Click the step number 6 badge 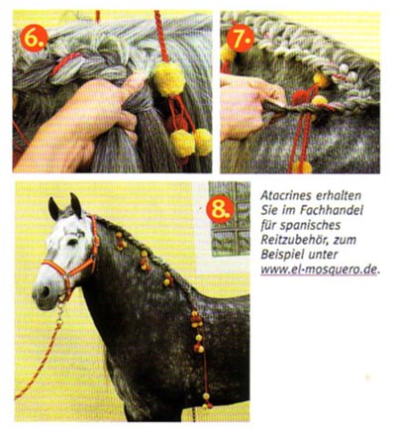pos(34,39)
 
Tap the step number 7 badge pos(241,38)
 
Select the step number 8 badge pos(220,209)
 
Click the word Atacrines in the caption pos(285,196)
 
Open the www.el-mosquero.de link pos(318,270)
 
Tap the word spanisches pos(310,226)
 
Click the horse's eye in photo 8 pos(72,243)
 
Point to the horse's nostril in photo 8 pos(45,291)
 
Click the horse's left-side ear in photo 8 pos(53,209)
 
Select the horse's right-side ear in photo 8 pos(76,205)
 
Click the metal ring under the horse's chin pos(60,306)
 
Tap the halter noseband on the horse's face pos(56,267)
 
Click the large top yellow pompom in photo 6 pos(169,79)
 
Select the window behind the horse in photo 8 pos(230,219)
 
